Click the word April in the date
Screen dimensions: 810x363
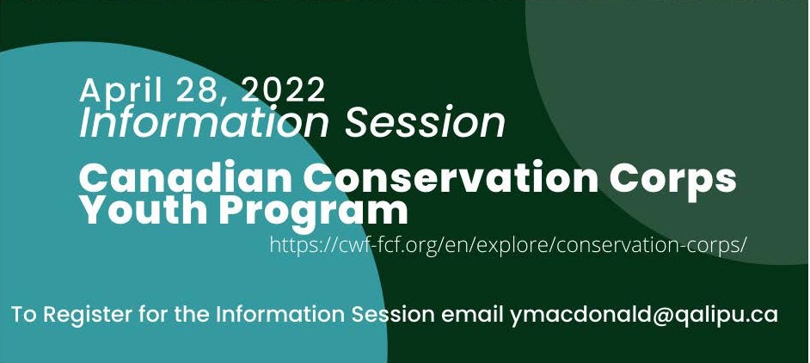coord(122,90)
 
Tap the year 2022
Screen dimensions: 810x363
coord(283,89)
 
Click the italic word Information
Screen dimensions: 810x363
coord(204,122)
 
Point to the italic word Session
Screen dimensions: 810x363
coord(425,122)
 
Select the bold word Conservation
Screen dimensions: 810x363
coord(450,177)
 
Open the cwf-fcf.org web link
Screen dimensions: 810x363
coord(508,244)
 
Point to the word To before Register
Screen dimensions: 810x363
coord(24,315)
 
